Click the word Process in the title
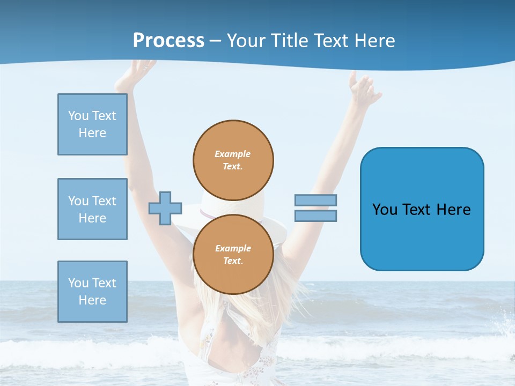pos(168,41)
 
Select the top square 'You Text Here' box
pos(92,124)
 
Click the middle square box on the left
pos(92,209)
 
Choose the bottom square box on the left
pos(92,292)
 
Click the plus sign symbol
pos(165,208)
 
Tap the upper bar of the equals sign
pos(315,201)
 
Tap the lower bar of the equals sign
pos(315,216)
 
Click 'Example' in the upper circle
pos(232,154)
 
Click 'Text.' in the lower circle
pos(232,261)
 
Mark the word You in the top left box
pos(78,116)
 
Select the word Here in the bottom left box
pos(92,300)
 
